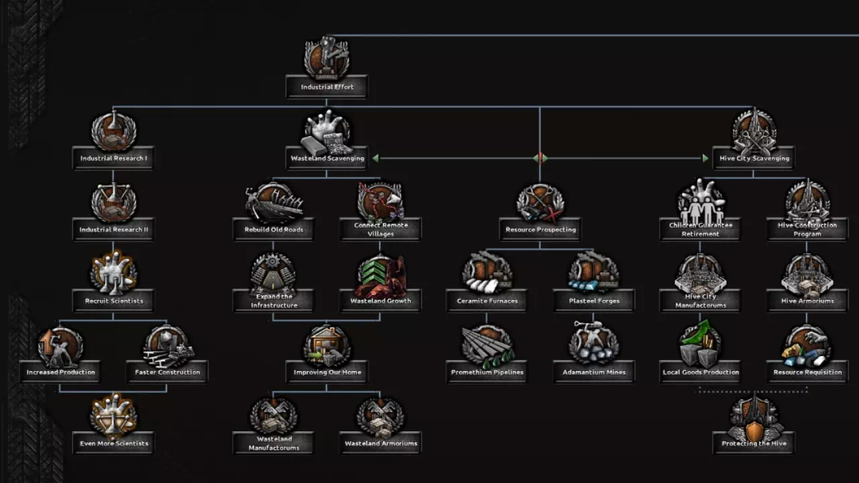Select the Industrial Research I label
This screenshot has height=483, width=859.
tap(113, 158)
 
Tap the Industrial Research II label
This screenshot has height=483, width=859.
tap(113, 229)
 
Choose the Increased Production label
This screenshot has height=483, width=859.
tap(60, 372)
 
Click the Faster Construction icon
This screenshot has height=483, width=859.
tap(167, 345)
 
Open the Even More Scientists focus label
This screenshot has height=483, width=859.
tap(113, 443)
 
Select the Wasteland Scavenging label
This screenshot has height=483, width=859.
tap(327, 158)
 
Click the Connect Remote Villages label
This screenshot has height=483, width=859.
tap(381, 229)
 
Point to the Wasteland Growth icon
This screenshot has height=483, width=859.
tap(381, 275)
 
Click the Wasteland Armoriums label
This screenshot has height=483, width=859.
tap(381, 443)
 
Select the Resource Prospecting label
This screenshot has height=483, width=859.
tap(540, 229)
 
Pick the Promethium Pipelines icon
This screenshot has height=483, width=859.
tap(487, 345)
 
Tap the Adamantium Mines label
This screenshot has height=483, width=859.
tap(594, 372)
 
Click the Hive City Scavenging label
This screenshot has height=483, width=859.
tap(754, 158)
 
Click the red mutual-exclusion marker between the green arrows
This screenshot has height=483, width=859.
tap(540, 158)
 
